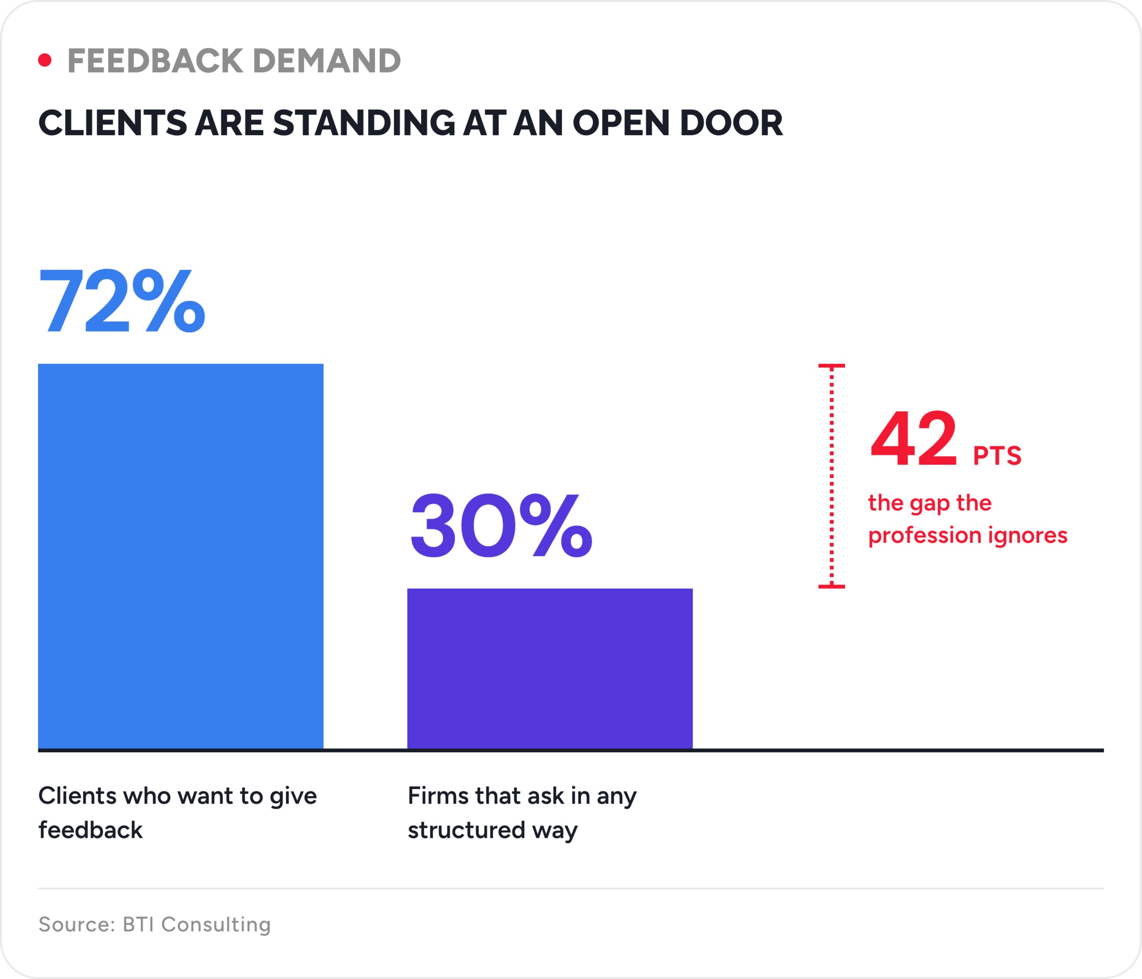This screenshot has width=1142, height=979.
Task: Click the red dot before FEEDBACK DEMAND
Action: [45, 60]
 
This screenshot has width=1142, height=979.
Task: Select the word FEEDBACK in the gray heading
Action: [155, 61]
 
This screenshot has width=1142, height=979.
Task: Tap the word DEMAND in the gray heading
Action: [327, 61]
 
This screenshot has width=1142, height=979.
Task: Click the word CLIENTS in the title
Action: [112, 122]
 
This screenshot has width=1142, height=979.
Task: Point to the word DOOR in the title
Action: [731, 122]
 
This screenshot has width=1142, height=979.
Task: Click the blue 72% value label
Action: [122, 301]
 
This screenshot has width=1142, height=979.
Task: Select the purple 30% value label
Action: [501, 525]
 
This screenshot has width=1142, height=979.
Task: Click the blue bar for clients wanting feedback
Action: [181, 556]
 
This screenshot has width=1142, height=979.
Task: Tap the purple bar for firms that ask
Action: [550, 669]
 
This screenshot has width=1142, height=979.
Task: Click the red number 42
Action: [913, 439]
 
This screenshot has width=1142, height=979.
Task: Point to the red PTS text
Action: [997, 456]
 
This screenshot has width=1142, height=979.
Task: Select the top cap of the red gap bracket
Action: [832, 366]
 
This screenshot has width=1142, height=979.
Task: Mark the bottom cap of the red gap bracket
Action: [832, 586]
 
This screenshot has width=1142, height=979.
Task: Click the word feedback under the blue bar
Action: [90, 830]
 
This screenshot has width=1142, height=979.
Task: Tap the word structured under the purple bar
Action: [466, 830]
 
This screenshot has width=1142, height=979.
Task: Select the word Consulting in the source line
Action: [216, 925]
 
